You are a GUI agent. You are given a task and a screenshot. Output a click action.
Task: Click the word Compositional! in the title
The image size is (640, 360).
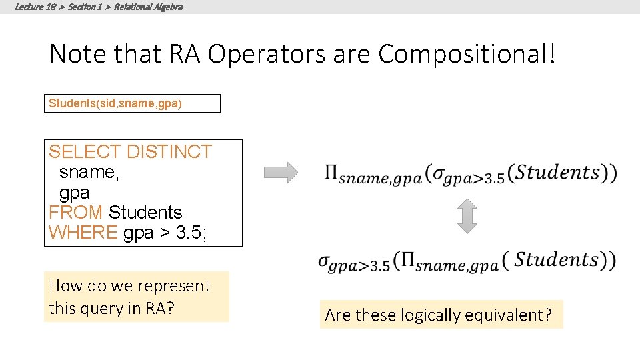coord(467,54)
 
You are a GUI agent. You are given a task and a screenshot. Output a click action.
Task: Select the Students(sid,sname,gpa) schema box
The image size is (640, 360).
coord(132,103)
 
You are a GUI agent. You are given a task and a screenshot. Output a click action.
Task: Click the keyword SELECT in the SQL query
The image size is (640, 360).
coord(85,152)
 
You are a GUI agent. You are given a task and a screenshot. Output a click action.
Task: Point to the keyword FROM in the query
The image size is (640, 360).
coord(75,213)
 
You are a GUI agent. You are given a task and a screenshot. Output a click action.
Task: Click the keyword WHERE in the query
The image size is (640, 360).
coord(83,233)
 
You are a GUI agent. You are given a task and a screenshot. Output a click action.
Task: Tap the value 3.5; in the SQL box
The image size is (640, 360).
coord(195,233)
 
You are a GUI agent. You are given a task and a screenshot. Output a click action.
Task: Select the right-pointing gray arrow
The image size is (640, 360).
coord(281,173)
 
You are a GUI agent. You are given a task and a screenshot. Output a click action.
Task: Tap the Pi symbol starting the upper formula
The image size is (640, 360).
coord(331,174)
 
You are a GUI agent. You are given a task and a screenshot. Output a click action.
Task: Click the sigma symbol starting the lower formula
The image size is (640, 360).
coord(325,262)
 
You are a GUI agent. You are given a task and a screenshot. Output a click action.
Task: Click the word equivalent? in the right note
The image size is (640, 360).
coord(510,315)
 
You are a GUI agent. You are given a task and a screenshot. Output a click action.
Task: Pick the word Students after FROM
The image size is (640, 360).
coord(145,213)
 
